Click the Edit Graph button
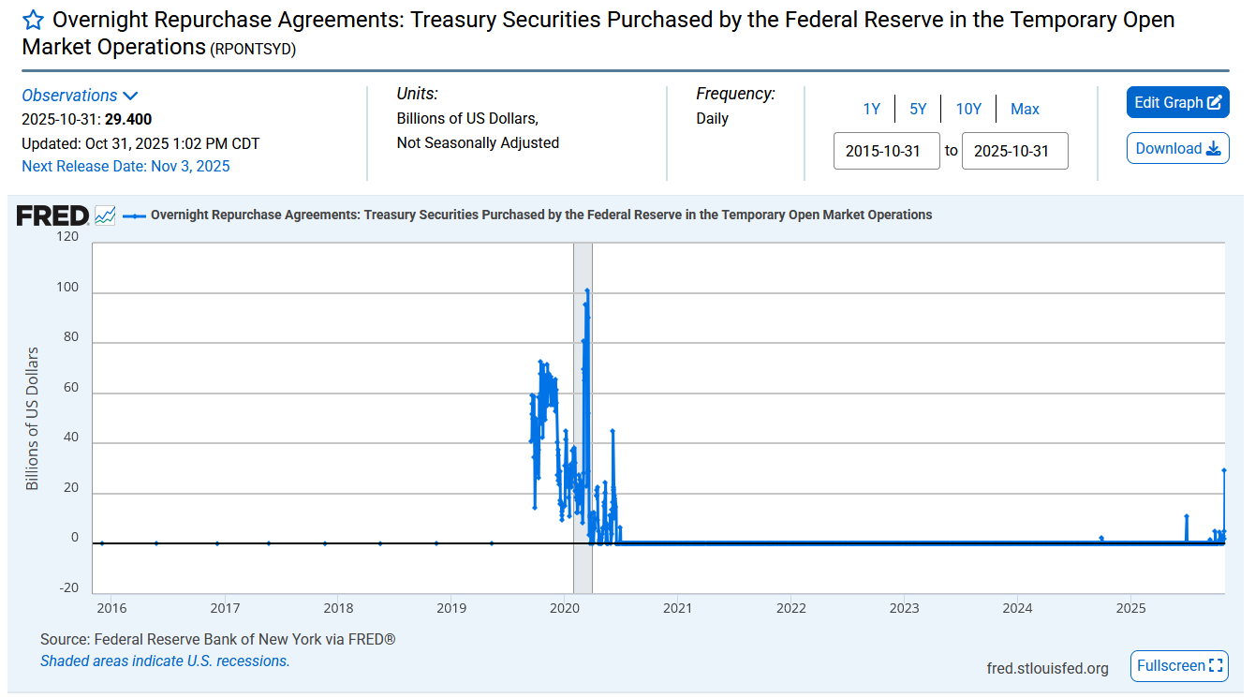click(x=1177, y=103)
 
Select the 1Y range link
click(x=871, y=110)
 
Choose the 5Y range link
click(x=918, y=110)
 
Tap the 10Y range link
click(x=968, y=110)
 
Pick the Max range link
click(x=1025, y=110)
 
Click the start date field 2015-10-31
click(x=886, y=151)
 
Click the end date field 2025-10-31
click(x=1014, y=151)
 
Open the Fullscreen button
click(x=1179, y=666)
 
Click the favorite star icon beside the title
click(x=33, y=20)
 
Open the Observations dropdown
click(x=80, y=96)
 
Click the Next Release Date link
click(x=125, y=167)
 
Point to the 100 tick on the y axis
click(x=67, y=286)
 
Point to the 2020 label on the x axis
click(x=565, y=607)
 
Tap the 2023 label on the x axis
click(x=904, y=607)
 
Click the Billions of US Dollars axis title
click(x=33, y=418)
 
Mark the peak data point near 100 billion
click(x=587, y=291)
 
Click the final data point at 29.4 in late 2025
click(x=1224, y=470)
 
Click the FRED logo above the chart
click(x=52, y=215)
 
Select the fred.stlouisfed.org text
click(x=1047, y=668)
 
